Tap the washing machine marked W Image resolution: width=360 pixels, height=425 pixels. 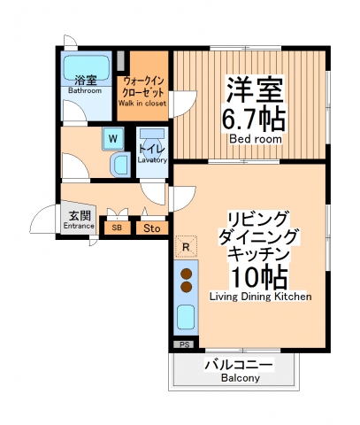pos(113,138)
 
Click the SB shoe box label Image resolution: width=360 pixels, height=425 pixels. pos(117,228)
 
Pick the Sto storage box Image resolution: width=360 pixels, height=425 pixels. pos(151,228)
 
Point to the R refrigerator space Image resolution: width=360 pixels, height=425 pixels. pos(185,246)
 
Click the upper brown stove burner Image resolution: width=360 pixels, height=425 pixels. pos(187,273)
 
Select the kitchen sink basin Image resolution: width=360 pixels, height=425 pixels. pos(187,317)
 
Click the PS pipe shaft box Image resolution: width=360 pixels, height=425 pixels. pos(184,344)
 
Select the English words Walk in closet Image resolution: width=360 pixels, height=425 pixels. pos(142,103)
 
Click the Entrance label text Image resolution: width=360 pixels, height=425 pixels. pos(79,226)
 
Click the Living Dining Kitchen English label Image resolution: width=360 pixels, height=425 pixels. pos(260,297)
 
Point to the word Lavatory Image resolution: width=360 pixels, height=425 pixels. pos(152,160)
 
